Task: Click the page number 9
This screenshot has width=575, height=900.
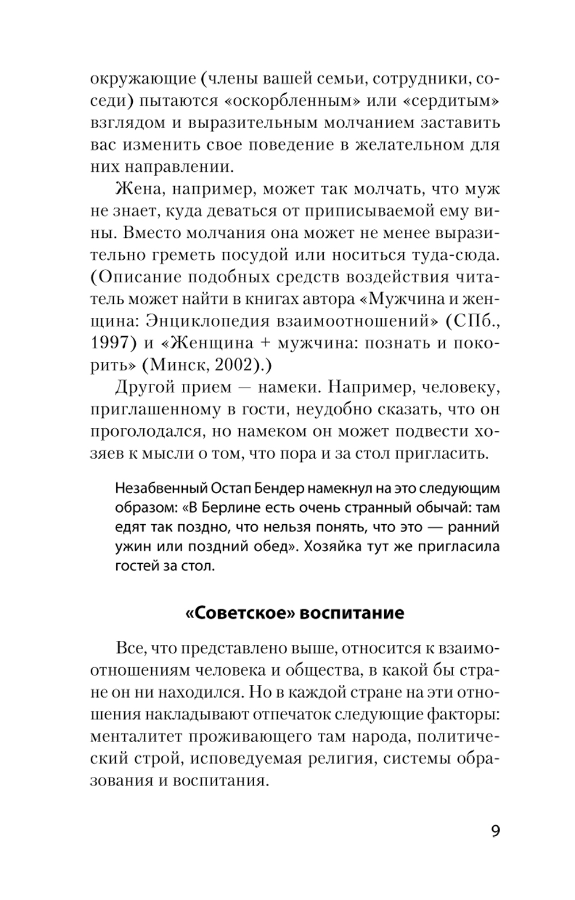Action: (x=495, y=832)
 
